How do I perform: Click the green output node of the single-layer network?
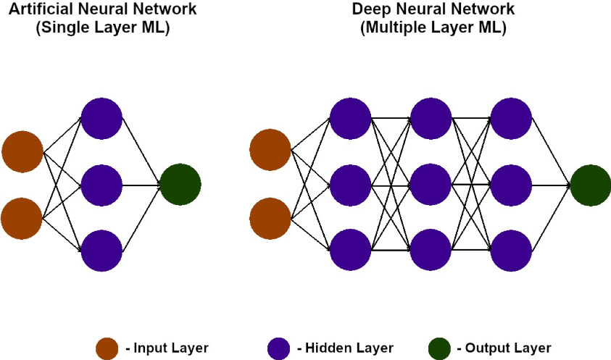pos(180,185)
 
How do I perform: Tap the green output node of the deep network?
pos(591,185)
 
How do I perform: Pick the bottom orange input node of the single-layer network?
pos(22,218)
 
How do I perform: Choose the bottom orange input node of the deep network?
pos(270,218)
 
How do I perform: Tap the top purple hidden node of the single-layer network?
pos(101,118)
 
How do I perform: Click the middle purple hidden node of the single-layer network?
pos(101,185)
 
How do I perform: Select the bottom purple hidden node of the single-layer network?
pos(101,251)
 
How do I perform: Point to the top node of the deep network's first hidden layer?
pos(350,118)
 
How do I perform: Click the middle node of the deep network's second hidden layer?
pos(431,185)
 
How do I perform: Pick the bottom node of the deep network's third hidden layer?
pos(512,251)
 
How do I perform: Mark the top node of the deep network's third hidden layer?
pos(512,118)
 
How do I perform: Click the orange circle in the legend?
pos(107,348)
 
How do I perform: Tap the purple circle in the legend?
pos(278,348)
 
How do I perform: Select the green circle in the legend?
pos(439,348)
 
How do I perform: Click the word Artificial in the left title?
pos(42,9)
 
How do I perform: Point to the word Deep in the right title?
pos(368,9)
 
